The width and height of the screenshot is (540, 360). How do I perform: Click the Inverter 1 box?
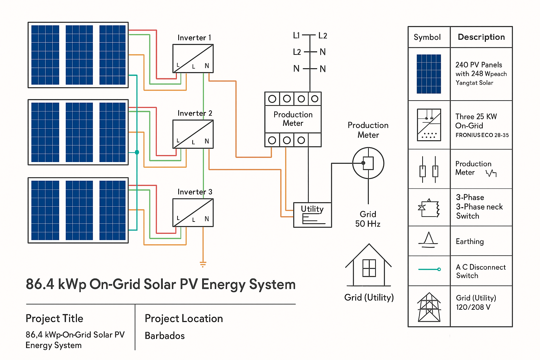[193, 59]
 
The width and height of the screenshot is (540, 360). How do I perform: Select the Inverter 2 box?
[193, 134]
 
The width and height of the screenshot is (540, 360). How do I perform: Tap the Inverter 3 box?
[193, 213]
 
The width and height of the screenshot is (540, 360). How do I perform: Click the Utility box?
[312, 215]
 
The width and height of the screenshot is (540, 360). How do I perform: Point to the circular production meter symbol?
[368, 163]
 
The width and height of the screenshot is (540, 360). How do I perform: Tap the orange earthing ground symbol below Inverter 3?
[203, 264]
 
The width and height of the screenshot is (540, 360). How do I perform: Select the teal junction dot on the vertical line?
[137, 152]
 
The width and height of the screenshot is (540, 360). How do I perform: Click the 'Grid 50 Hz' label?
[368, 219]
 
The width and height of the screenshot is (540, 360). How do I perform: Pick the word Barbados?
[165, 336]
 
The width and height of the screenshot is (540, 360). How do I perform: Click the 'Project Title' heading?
[54, 319]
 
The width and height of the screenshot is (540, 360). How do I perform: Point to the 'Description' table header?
[481, 37]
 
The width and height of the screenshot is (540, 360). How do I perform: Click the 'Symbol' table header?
[427, 37]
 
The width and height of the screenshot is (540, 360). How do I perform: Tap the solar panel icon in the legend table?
[429, 74]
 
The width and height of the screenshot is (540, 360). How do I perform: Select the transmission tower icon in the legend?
[429, 307]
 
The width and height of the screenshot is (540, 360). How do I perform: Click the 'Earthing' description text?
[470, 242]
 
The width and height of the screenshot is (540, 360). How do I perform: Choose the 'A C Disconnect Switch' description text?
[481, 271]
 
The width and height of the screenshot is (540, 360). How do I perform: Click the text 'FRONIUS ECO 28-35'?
[482, 135]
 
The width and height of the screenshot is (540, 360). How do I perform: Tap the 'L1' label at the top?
[296, 36]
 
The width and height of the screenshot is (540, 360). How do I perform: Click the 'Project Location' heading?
[184, 319]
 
